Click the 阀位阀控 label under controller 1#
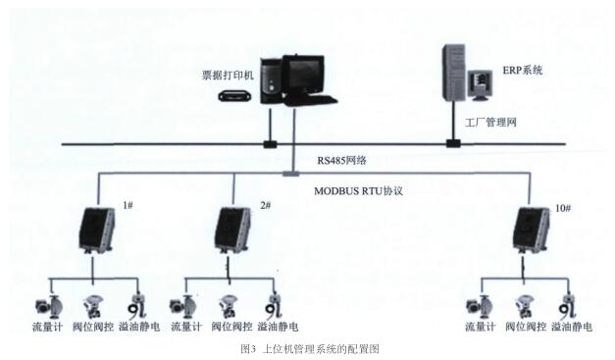(x=96, y=326)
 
